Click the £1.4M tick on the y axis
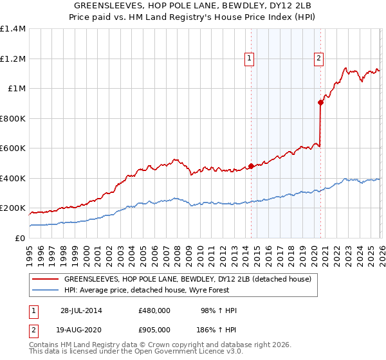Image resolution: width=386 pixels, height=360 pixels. click(x=13, y=29)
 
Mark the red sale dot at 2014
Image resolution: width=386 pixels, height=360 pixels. click(x=251, y=166)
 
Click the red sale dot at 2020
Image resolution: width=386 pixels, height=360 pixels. click(x=320, y=102)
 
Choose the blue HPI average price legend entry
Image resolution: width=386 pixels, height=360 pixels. click(x=173, y=290)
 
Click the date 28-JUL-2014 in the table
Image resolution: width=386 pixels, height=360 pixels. click(x=81, y=310)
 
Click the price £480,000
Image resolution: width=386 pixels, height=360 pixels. click(x=154, y=310)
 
